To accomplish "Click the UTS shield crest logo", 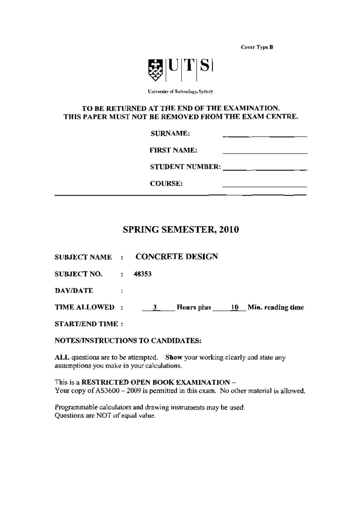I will pos(155,70).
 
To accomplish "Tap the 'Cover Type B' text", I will pos(257,47).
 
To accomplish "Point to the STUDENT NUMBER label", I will pos(185,167).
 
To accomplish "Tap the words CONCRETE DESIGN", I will pos(177,257).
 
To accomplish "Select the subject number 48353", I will pos(142,274).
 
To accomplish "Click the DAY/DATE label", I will pos(74,291).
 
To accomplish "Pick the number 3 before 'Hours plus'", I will pos(155,308).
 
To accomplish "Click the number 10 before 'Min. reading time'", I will pos(235,308).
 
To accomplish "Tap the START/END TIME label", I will pos(86,324).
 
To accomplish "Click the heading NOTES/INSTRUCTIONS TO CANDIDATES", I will pos(128,341).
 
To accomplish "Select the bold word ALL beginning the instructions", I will pos(62,357).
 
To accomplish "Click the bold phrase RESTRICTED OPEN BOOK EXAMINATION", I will pos(156,382).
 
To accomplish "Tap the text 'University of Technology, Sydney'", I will pos(180,92).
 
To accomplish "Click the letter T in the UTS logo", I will pos(189,67).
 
